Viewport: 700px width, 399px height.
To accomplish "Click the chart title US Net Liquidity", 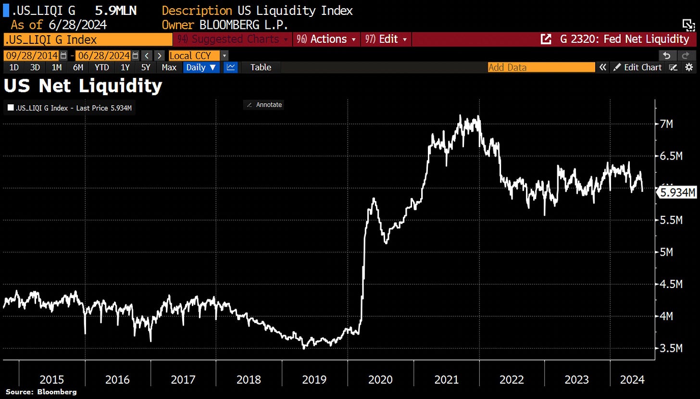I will point(83,87).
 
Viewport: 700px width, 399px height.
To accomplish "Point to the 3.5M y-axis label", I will point(671,348).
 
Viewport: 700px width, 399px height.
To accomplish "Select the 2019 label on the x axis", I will point(314,380).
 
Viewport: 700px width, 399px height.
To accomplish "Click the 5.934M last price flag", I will point(678,193).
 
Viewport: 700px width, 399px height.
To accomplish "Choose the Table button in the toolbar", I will point(261,67).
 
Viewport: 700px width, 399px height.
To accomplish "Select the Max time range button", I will point(169,67).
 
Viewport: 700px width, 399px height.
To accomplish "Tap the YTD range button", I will point(101,67).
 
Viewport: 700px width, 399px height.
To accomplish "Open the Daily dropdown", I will point(201,67).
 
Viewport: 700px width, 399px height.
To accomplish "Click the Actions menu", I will point(327,39).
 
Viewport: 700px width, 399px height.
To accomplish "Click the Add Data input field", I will point(540,67).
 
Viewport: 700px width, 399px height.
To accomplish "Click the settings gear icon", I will point(689,67).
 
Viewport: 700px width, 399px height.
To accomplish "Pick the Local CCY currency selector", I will point(194,55).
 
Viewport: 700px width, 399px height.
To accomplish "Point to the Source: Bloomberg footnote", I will point(41,392).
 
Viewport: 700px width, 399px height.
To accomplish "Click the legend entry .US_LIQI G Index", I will point(69,109).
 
